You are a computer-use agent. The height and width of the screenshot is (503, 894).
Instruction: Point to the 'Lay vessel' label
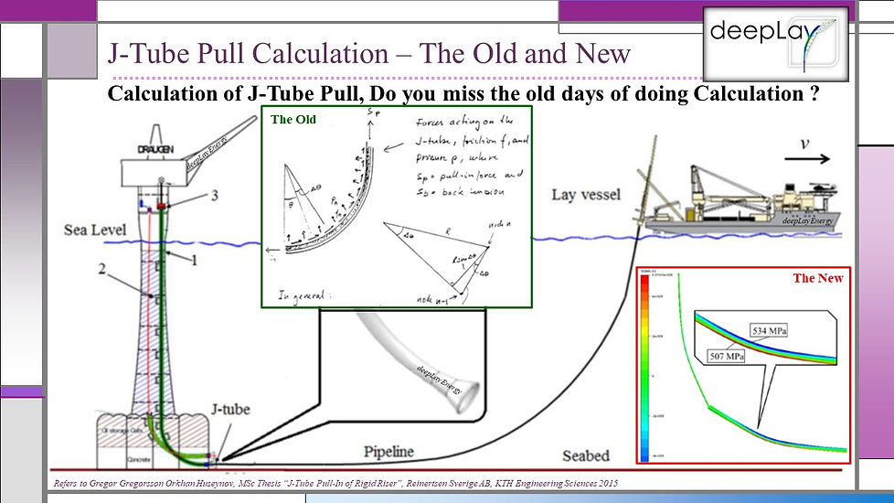[586, 195]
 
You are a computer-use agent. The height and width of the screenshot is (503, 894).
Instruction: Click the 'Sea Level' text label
[95, 230]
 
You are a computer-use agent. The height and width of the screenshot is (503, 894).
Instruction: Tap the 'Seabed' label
[586, 455]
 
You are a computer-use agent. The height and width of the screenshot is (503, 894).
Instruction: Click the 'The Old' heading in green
[289, 119]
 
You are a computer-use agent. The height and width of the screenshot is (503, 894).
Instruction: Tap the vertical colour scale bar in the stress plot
[644, 366]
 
